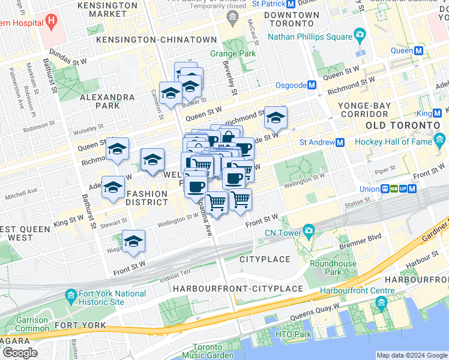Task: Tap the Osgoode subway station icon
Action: coord(312,85)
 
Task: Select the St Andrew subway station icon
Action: coord(340,143)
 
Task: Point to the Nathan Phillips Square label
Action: coord(309,37)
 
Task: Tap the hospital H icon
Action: coord(51,23)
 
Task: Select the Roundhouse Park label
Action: coord(333,268)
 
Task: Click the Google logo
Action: coord(20,352)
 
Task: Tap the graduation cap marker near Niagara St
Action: coord(133,242)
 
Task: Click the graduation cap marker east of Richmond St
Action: coord(276,118)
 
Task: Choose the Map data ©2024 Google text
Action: coord(411,355)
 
